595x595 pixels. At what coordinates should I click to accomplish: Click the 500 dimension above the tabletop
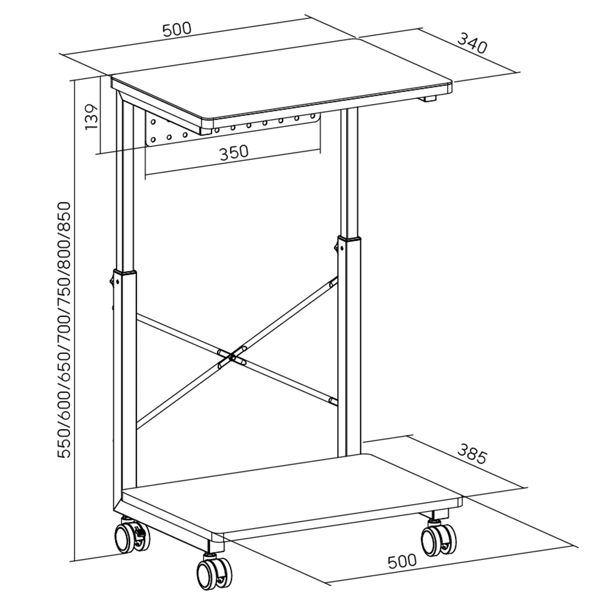point(177,28)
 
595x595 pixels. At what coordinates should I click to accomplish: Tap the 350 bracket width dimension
point(234,151)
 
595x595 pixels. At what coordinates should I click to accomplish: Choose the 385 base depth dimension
point(472,457)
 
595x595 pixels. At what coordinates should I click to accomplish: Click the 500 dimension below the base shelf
point(402,561)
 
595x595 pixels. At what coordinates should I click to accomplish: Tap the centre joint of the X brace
point(233,356)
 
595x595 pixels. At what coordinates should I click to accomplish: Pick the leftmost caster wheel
point(128,537)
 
